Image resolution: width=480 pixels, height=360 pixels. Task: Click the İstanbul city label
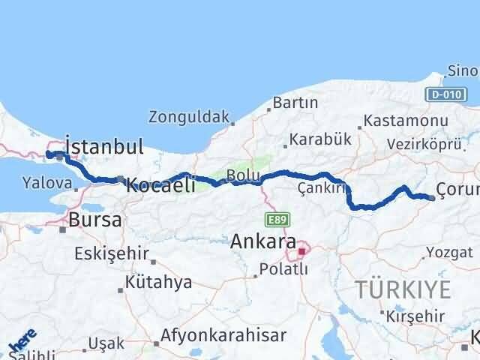coord(104,145)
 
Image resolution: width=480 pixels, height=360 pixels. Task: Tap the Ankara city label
coord(262,241)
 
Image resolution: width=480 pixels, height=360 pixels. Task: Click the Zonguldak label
coord(188,117)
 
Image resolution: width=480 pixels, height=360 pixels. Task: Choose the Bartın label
coord(291,102)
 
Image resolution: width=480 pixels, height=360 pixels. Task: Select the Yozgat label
coord(449,252)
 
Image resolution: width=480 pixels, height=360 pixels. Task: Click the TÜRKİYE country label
coord(403,289)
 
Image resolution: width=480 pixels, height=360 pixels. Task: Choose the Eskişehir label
coord(112,253)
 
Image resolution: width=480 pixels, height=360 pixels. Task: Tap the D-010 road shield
coord(442,94)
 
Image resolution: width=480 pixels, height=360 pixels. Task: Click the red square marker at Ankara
coord(302,252)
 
